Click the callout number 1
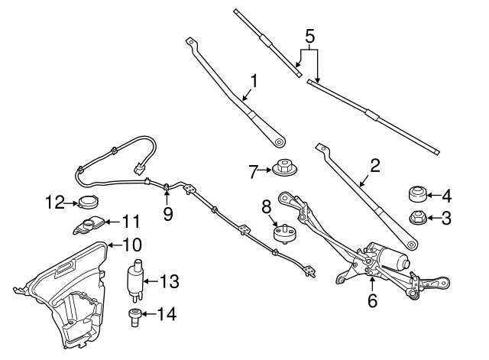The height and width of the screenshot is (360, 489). pos(253,81)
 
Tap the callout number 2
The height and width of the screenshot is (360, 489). pos(374,165)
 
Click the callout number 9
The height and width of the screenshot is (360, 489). pos(167,215)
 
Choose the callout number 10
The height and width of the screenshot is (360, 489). pos(132,245)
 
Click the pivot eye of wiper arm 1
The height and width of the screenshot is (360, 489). pos(280,141)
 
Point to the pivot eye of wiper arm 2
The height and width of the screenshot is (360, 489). pos(412,245)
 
